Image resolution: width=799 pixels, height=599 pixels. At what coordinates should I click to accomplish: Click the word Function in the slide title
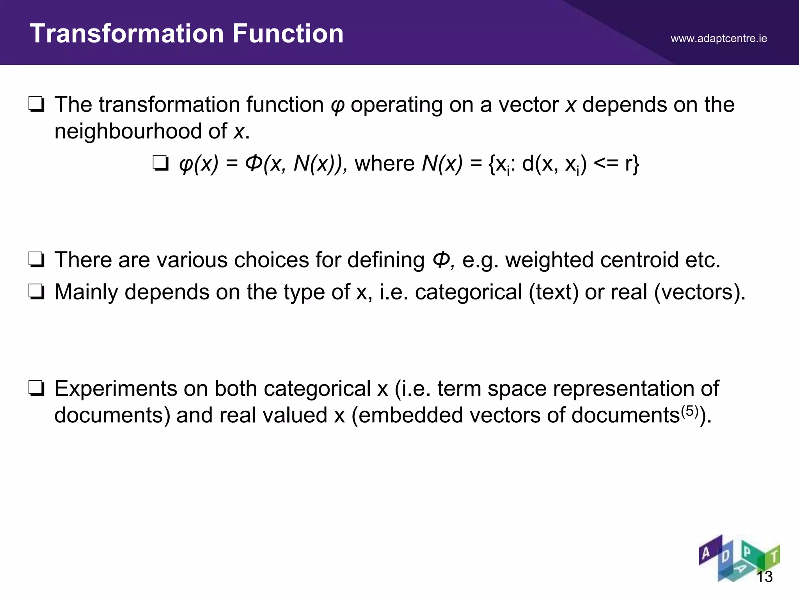[x=288, y=34]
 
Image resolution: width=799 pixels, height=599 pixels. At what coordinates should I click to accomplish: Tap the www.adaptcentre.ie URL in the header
[x=719, y=39]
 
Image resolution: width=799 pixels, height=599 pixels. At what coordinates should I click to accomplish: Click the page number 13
[x=764, y=577]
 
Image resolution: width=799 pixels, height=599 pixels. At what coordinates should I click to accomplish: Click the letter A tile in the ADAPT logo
[x=706, y=553]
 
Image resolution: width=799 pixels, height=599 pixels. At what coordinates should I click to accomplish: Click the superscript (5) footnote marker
[x=689, y=411]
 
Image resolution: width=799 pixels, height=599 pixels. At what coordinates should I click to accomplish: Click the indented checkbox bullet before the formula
[x=160, y=163]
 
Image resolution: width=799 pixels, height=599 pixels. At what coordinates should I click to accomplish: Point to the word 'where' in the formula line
[x=384, y=163]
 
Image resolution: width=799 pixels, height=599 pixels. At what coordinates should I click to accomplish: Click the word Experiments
[x=115, y=389]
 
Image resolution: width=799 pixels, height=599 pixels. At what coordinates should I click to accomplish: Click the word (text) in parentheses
[x=554, y=292]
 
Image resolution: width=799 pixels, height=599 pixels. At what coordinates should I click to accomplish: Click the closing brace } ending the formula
[x=636, y=164]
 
